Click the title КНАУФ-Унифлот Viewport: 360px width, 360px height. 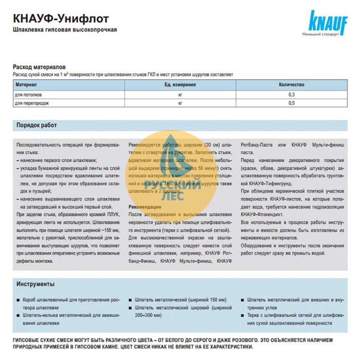point(61,19)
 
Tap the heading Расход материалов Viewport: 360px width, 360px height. point(39,67)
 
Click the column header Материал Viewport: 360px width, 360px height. point(26,84)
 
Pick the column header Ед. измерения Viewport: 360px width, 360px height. point(180,84)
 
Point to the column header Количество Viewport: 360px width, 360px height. point(291,84)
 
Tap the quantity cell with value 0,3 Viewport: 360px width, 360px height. point(291,95)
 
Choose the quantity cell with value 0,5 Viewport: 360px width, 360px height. point(291,103)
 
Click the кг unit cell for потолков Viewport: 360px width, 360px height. point(180,95)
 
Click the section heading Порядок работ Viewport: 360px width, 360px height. point(37,125)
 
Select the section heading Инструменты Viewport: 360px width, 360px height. point(35,284)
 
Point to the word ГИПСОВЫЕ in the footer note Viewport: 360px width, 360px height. point(27,340)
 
